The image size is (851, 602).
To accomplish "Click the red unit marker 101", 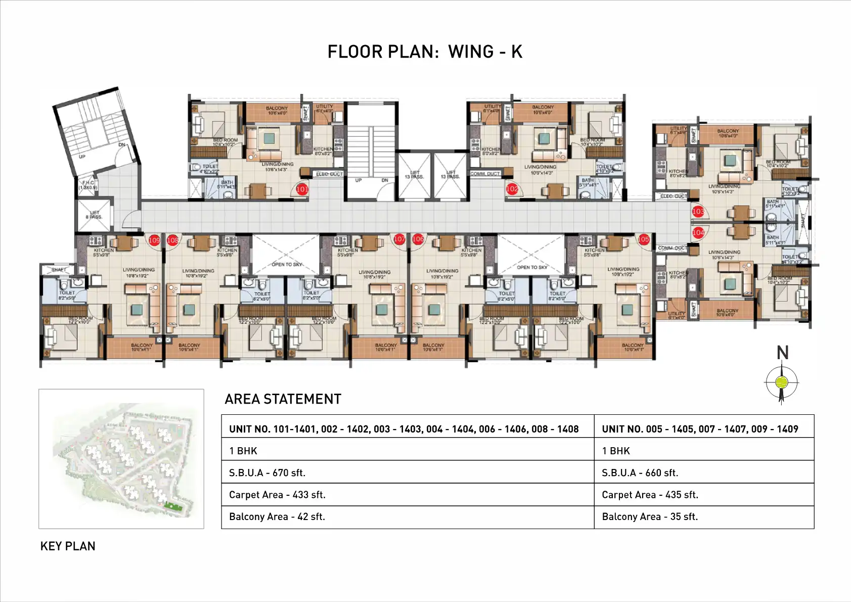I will pyautogui.click(x=302, y=189).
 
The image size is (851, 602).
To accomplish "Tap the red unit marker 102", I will pyautogui.click(x=512, y=189).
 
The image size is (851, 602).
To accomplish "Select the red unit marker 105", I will pyautogui.click(x=643, y=239).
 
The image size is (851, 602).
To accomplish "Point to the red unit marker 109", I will pyautogui.click(x=154, y=240).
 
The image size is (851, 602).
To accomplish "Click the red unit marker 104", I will pyautogui.click(x=698, y=233).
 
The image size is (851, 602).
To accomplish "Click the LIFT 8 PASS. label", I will pyautogui.click(x=95, y=214).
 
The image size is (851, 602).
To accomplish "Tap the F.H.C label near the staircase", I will pyautogui.click(x=88, y=185).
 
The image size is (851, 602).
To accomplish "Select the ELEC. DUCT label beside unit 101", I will pyautogui.click(x=329, y=174).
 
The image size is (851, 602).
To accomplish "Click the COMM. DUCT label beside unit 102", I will pyautogui.click(x=485, y=174).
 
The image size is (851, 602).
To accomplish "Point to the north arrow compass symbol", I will pyautogui.click(x=782, y=382).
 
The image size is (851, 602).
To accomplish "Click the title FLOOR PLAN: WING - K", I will pyautogui.click(x=425, y=52).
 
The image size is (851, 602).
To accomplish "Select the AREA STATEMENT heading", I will pyautogui.click(x=283, y=399).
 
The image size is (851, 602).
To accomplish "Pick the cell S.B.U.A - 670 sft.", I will pyautogui.click(x=267, y=473).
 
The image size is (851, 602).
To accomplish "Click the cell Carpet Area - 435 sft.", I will pyautogui.click(x=650, y=495).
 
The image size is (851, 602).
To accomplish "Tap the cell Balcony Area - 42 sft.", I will pyautogui.click(x=277, y=517).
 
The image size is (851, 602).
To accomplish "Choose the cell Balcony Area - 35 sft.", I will pyautogui.click(x=649, y=517).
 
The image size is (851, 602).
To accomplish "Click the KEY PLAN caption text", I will pyautogui.click(x=68, y=546).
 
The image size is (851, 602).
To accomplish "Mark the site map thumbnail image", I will pyautogui.click(x=121, y=459).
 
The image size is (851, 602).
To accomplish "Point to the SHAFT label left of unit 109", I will pyautogui.click(x=59, y=270).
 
